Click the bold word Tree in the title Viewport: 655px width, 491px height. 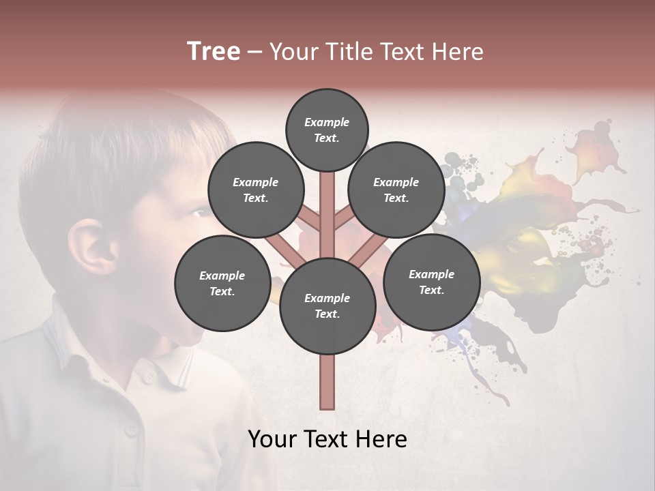pos(214,52)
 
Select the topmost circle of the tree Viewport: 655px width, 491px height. pos(327,130)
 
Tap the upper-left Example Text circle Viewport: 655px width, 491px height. pos(256,190)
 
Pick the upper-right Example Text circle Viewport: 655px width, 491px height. pos(396,190)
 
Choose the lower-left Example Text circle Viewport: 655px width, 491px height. pos(222,283)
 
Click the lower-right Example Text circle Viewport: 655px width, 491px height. pos(431,282)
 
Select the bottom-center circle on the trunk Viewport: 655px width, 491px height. pos(327,306)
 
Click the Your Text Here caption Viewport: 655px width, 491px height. pos(327,439)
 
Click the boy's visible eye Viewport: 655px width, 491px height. pos(198,213)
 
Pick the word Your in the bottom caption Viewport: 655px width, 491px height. pos(272,439)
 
